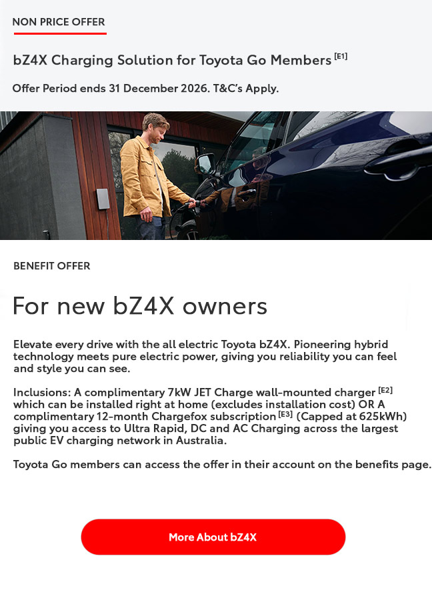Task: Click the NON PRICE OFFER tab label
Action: click(59, 21)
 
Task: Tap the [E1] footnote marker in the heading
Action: click(341, 56)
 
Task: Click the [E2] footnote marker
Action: click(385, 390)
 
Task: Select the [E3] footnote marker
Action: click(285, 414)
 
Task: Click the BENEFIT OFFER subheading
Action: click(51, 265)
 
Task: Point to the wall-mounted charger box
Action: click(103, 199)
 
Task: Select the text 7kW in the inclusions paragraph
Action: click(179, 392)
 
